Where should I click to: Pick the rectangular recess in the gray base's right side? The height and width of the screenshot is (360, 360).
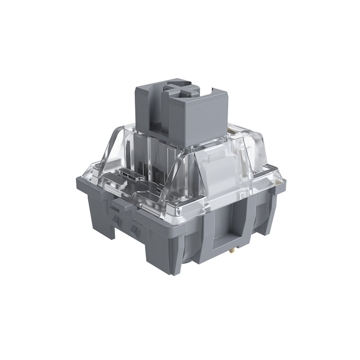pos(229,220)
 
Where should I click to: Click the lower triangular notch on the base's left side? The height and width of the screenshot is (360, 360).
pos(133,230)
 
